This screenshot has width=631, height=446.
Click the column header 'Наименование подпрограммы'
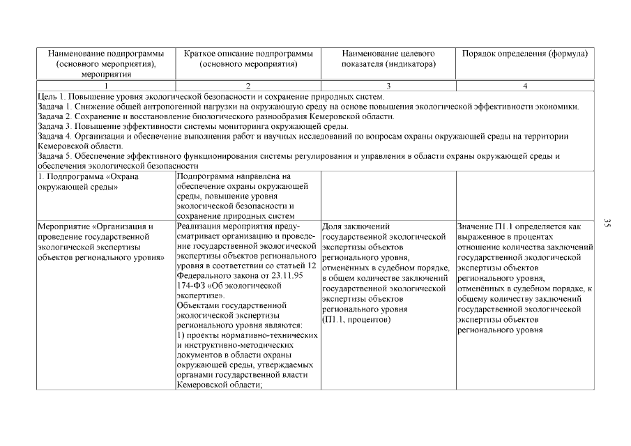106,53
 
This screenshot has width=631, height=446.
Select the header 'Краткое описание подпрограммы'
248,53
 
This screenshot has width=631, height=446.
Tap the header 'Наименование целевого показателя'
388,53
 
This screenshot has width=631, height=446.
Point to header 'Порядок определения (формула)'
525,53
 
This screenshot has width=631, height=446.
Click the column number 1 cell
106,85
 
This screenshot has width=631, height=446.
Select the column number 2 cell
248,85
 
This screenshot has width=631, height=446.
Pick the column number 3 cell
388,85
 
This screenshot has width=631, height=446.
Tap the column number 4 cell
525,85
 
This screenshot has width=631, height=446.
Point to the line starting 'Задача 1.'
307,106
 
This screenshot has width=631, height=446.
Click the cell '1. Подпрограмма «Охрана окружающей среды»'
87,181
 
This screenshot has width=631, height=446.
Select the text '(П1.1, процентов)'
356,319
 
